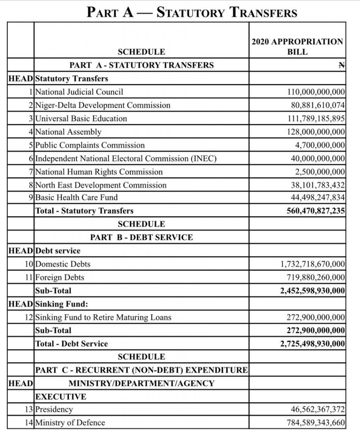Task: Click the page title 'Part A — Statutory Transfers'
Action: [192, 12]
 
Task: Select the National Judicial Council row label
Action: [79, 92]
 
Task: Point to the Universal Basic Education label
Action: [81, 118]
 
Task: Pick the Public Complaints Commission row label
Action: [90, 145]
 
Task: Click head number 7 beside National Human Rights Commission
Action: [31, 172]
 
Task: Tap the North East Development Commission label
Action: [101, 185]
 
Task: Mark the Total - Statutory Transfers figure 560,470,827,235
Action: [316, 211]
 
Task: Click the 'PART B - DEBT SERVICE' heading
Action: [142, 237]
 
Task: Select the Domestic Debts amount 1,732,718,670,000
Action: [312, 264]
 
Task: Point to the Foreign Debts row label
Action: [60, 277]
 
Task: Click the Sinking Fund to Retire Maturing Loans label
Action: [103, 317]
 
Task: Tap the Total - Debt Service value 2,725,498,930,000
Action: [312, 344]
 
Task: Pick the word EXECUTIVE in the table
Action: [61, 397]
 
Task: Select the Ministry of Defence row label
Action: [70, 422]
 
